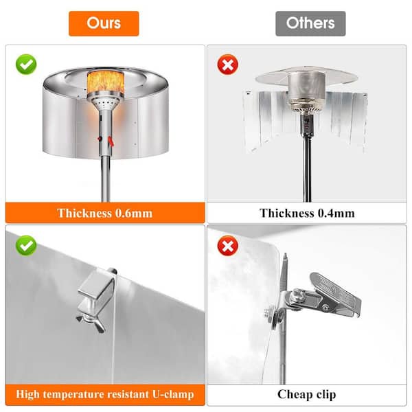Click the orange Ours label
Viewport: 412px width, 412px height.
[x=104, y=23]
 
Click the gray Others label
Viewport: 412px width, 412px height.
[x=310, y=23]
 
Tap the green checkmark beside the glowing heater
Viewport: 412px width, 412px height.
[x=26, y=65]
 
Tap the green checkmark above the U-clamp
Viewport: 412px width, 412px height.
[x=26, y=246]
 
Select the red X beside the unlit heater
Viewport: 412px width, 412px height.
[x=228, y=65]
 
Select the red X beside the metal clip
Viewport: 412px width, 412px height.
[x=228, y=246]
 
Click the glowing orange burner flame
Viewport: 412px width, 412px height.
[x=105, y=82]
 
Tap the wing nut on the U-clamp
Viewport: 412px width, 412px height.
[x=91, y=322]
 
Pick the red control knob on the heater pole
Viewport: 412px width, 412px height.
[x=100, y=139]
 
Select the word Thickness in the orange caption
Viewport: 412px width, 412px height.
[x=84, y=213]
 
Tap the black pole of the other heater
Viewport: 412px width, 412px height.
[x=308, y=168]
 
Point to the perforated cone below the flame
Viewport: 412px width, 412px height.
[x=105, y=102]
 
